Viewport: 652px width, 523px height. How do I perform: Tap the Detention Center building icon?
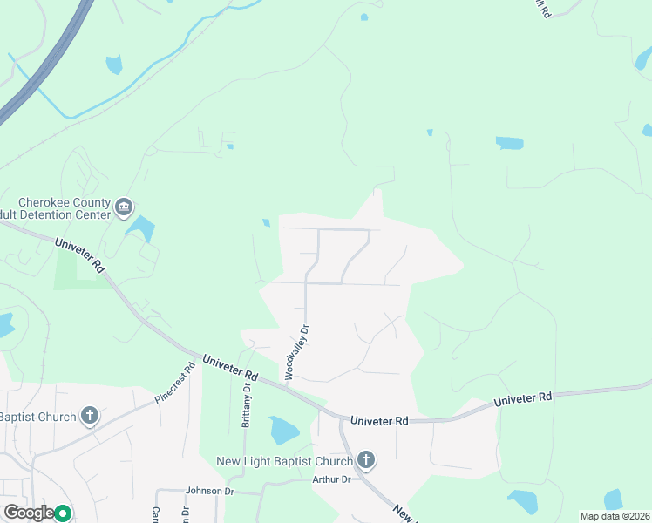[124, 207]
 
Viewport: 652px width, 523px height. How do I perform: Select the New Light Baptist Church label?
[285, 460]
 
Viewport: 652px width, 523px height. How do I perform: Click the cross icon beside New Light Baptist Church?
[366, 460]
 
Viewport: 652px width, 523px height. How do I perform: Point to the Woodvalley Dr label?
[295, 351]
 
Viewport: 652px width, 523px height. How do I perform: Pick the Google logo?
[29, 513]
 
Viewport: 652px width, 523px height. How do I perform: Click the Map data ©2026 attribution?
[614, 516]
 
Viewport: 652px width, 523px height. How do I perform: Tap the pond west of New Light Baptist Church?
[284, 430]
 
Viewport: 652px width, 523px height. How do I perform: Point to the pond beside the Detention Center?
[141, 228]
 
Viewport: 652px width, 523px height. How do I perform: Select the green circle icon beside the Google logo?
[63, 513]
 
